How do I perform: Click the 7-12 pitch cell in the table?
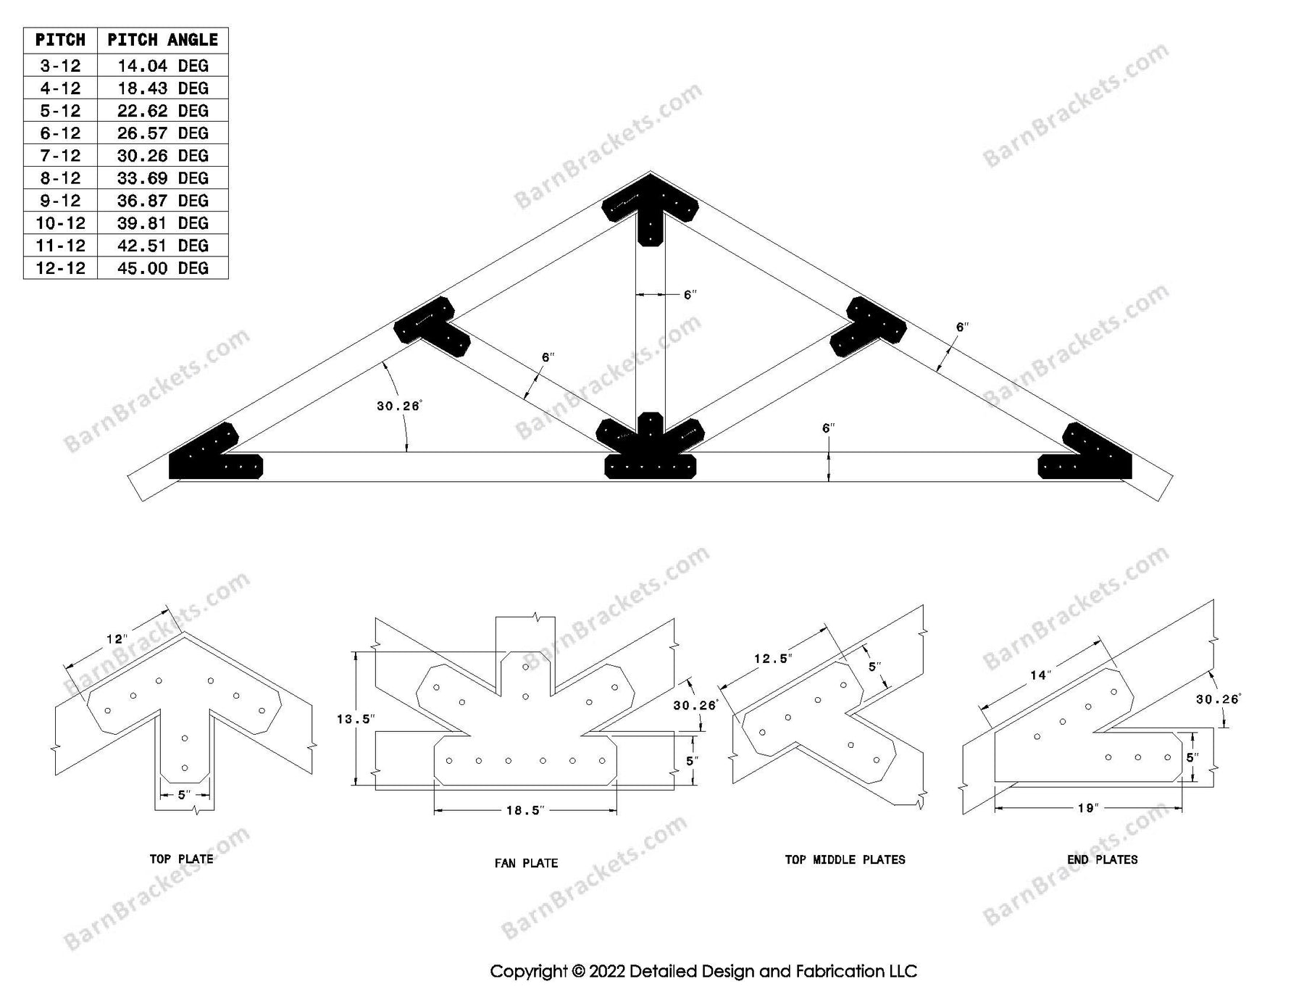click(x=60, y=156)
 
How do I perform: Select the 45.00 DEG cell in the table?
click(x=162, y=268)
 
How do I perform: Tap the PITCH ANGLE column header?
click(x=162, y=40)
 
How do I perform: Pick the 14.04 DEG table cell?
click(x=162, y=66)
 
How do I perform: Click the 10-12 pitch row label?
click(x=60, y=223)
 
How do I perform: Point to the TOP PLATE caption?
click(x=181, y=859)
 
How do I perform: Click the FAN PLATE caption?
click(x=526, y=863)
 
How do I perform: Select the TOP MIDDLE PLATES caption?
click(x=845, y=859)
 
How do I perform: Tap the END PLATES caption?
click(x=1102, y=859)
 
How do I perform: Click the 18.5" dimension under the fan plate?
click(x=524, y=810)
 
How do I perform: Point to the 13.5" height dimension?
click(x=355, y=719)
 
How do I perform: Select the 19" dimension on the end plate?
click(x=1088, y=808)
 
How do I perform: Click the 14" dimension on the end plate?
click(x=1040, y=675)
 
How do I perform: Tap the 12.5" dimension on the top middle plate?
click(x=773, y=659)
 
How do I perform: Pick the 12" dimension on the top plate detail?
click(x=116, y=639)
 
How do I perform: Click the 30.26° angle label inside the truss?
click(x=398, y=406)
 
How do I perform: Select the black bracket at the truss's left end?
click(x=210, y=457)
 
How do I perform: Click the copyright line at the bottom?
click(x=703, y=971)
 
